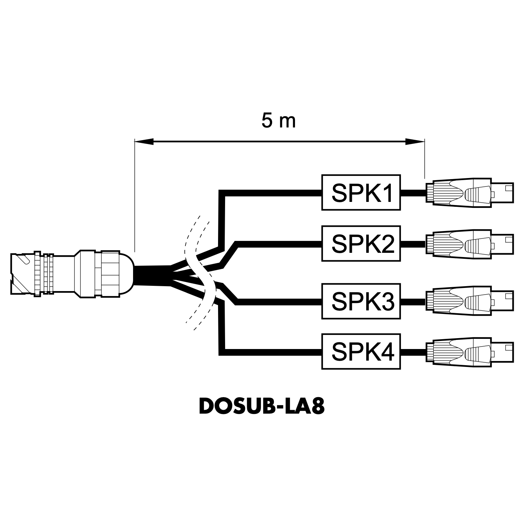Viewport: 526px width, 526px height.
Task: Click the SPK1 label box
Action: point(361,192)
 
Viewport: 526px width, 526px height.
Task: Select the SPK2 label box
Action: point(361,243)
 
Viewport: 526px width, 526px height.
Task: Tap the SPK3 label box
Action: point(361,301)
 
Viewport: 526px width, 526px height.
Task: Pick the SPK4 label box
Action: point(361,351)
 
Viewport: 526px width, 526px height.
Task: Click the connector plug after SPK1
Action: point(469,192)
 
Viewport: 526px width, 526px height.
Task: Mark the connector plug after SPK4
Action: point(469,351)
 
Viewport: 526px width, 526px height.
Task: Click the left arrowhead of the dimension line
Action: point(144,142)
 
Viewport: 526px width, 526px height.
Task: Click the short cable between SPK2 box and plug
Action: point(413,243)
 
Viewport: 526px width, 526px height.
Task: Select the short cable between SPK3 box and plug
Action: point(413,301)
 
